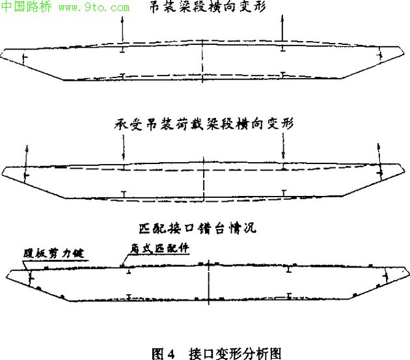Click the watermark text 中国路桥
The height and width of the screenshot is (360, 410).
(27, 8)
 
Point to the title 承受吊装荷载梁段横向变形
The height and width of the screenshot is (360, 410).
(204, 124)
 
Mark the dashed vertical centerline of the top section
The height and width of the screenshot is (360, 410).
(204, 62)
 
